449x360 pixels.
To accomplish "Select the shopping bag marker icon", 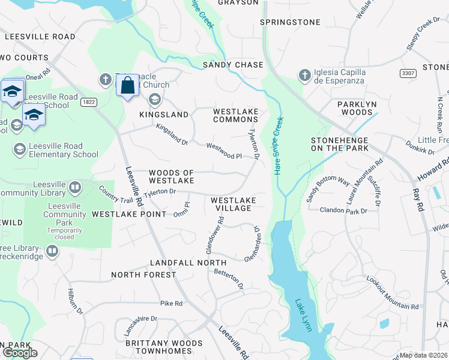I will [x=128, y=86].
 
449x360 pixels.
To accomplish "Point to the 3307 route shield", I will [x=409, y=72].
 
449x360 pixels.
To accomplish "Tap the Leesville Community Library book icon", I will [x=75, y=188].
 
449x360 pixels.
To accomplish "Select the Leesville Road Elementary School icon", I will [x=20, y=149].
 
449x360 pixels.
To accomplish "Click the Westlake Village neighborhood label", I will [x=234, y=204].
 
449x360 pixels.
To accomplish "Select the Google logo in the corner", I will [x=19, y=353].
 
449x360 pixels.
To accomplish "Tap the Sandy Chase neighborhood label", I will [x=233, y=65].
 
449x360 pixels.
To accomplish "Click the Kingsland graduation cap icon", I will [x=154, y=100].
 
